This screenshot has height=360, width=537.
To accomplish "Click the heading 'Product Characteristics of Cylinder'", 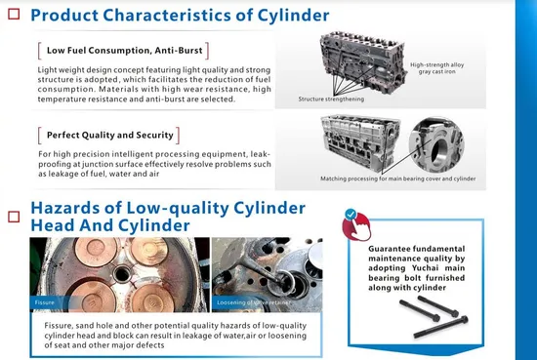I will (180, 15).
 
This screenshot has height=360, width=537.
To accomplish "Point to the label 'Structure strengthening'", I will (332, 100).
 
